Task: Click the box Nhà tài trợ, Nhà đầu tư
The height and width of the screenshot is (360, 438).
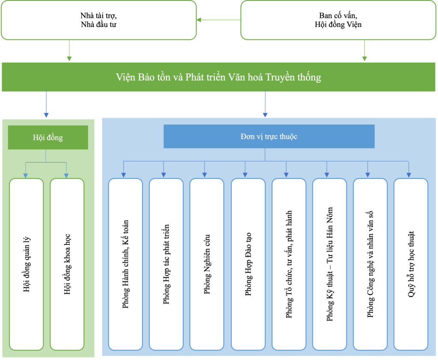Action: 99,20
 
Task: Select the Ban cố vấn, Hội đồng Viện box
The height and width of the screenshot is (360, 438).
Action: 338,20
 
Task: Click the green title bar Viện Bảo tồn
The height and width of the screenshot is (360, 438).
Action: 219,77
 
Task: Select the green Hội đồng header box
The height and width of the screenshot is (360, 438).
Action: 48,137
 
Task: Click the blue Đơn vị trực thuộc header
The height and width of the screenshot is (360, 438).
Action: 269,137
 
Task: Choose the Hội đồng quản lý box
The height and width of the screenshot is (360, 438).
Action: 27,264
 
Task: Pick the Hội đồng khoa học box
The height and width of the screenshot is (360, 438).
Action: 67,264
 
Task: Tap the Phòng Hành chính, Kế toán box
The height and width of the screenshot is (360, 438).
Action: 125,264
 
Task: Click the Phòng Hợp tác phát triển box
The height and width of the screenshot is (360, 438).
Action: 166,264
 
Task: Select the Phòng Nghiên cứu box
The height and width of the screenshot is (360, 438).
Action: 207,264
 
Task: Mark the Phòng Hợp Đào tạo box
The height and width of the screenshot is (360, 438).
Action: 248,264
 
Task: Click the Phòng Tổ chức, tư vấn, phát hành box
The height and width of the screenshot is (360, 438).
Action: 289,264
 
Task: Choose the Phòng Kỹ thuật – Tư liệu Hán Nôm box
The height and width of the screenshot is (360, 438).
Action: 329,264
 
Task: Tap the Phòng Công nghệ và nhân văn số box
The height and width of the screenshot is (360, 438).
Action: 370,264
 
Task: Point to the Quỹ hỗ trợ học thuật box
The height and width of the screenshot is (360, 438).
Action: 411,264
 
